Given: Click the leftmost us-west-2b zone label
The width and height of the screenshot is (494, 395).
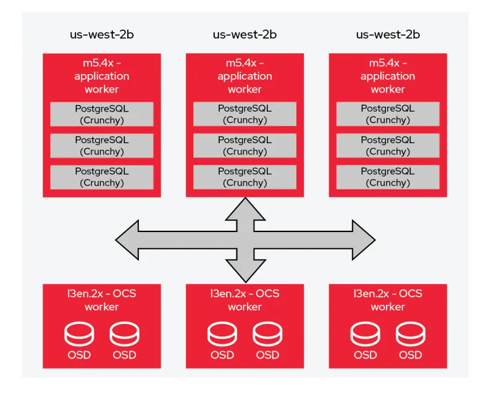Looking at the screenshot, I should pyautogui.click(x=101, y=35).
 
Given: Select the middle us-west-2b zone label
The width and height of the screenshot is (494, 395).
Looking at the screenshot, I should pyautogui.click(x=245, y=35).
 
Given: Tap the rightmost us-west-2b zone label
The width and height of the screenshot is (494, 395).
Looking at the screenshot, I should pyautogui.click(x=388, y=35).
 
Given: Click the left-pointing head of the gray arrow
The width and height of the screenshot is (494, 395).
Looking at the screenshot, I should pyautogui.click(x=127, y=239).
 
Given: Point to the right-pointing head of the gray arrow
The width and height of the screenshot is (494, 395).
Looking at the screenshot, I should pyautogui.click(x=364, y=239).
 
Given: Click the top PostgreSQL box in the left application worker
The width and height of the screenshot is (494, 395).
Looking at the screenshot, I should pyautogui.click(x=102, y=114).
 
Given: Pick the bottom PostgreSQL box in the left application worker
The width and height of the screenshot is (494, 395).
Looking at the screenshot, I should pyautogui.click(x=102, y=177).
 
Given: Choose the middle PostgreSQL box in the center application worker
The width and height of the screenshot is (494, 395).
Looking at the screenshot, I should pyautogui.click(x=245, y=146).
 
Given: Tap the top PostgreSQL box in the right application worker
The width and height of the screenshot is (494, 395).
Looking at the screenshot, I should pyautogui.click(x=388, y=114).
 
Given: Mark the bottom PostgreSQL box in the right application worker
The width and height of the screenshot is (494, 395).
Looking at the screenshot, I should pyautogui.click(x=388, y=177).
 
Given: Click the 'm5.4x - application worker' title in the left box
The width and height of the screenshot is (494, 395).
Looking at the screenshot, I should pyautogui.click(x=102, y=76).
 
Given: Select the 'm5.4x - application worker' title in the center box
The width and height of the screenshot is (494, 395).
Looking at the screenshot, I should pyautogui.click(x=245, y=76).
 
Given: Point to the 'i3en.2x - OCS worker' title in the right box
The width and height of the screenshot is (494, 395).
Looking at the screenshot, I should pyautogui.click(x=388, y=300).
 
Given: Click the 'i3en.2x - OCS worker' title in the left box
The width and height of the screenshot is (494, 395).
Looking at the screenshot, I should pyautogui.click(x=102, y=300).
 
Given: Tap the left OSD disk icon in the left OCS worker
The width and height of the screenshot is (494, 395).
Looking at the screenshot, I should pyautogui.click(x=79, y=334).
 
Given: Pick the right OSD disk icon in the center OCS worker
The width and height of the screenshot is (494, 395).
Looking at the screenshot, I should pyautogui.click(x=267, y=334).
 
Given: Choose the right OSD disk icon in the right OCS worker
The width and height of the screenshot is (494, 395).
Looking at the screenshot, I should pyautogui.click(x=411, y=334).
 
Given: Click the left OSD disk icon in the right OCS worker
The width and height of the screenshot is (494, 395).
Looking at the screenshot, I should pyautogui.click(x=365, y=334).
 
